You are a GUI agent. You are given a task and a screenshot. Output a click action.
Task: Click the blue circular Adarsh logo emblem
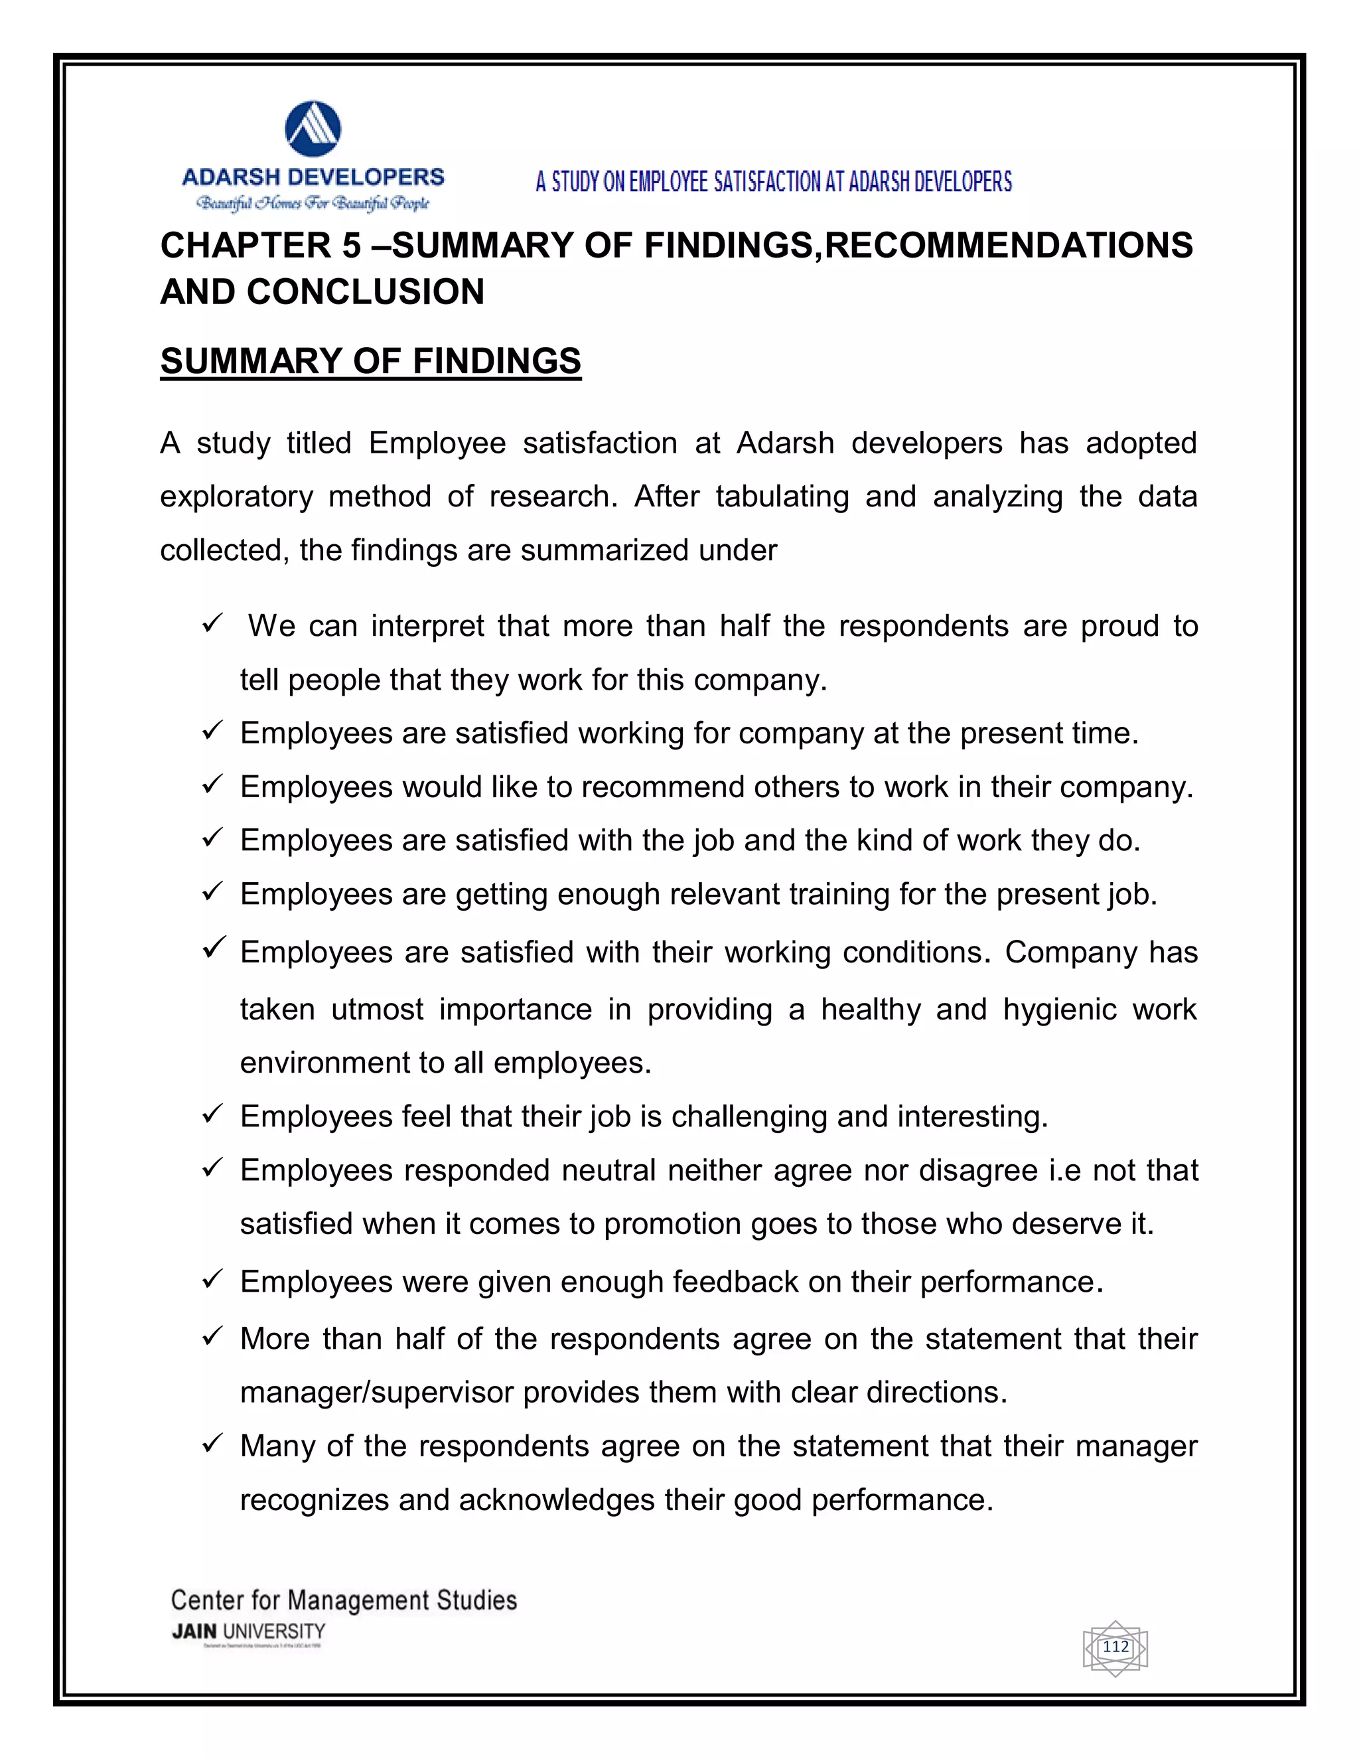(x=313, y=129)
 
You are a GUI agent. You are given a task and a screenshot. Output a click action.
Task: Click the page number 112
(x=1115, y=1647)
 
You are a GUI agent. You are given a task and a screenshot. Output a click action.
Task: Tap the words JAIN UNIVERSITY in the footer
(x=248, y=1632)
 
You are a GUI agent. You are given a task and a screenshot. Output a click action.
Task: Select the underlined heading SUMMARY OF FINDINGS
(x=370, y=362)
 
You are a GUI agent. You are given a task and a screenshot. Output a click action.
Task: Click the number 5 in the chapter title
(x=351, y=246)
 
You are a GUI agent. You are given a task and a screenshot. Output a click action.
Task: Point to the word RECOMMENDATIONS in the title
(x=1009, y=246)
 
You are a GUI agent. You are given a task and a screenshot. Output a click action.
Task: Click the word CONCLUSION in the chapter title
(x=366, y=291)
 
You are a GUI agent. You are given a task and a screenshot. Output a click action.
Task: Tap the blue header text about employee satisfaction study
(x=774, y=182)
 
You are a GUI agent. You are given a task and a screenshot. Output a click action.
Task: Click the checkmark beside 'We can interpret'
(x=212, y=623)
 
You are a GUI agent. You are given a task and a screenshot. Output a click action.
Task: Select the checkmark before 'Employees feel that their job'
(x=212, y=1114)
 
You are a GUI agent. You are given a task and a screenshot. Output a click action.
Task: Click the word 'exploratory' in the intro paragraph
(x=236, y=497)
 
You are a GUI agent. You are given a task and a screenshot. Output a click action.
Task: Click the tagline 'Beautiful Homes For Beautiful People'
(x=313, y=203)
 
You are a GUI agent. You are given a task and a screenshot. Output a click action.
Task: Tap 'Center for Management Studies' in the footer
(x=344, y=1600)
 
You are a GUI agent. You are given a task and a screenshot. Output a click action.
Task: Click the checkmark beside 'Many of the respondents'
(x=212, y=1444)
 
